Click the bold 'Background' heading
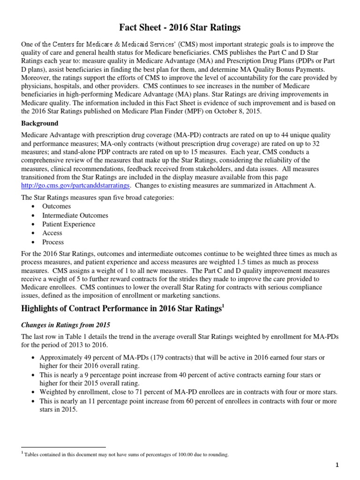point(40,123)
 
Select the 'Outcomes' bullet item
point(56,206)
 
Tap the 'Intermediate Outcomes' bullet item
point(75,215)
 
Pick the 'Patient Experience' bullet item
point(68,224)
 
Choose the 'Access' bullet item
point(52,233)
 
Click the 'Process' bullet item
point(53,242)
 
